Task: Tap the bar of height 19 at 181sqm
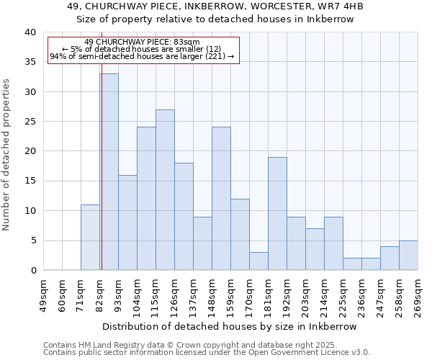point(277,213)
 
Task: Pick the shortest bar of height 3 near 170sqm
point(258,261)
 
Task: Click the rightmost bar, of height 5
point(408,255)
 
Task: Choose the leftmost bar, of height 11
point(90,237)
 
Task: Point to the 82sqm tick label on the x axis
point(100,294)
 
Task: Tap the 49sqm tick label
point(44,294)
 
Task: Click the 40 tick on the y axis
point(30,32)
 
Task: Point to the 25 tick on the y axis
point(30,122)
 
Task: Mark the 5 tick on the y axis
point(32,240)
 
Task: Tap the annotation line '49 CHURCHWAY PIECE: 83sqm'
point(142,42)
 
